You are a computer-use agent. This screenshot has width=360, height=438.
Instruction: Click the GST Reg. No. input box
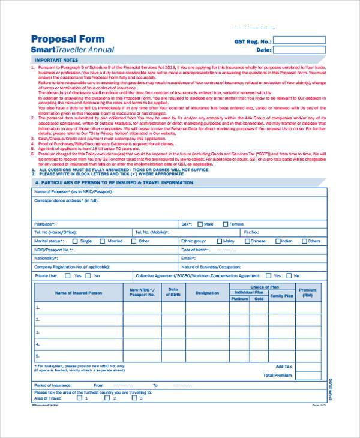[x=300, y=41]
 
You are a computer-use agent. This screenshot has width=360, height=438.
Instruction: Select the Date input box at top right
[x=300, y=50]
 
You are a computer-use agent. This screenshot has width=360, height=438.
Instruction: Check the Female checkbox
[x=226, y=224]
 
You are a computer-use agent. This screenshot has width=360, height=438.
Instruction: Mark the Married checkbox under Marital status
[x=103, y=241]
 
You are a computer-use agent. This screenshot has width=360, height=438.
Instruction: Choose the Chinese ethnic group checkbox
[x=247, y=241]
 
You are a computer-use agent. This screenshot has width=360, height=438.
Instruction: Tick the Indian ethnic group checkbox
[x=277, y=241]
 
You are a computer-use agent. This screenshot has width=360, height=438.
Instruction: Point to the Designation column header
[x=207, y=293]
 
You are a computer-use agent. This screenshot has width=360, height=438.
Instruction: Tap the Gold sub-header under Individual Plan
[x=259, y=298]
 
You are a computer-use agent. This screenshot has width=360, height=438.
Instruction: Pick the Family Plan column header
[x=281, y=296]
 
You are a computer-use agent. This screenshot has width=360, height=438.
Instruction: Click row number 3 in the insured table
[x=38, y=332]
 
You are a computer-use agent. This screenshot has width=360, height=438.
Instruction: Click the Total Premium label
[x=278, y=375]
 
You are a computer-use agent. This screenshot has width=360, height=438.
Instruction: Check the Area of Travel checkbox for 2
[x=107, y=397]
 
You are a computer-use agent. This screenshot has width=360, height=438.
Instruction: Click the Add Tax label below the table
[x=283, y=365]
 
